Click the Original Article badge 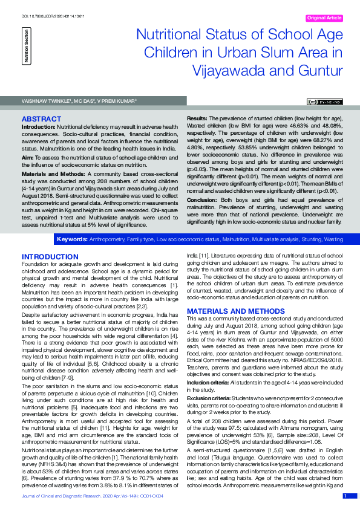click(324, 18)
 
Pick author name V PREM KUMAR click(120, 100)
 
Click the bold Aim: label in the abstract click(28, 157)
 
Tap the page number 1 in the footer click(345, 496)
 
